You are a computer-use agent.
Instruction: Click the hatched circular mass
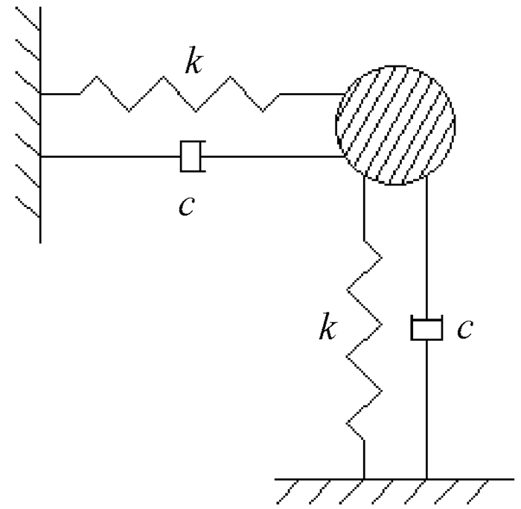tap(395, 125)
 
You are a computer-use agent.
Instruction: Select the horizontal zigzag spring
tap(179, 95)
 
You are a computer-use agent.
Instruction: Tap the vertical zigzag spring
tap(365, 342)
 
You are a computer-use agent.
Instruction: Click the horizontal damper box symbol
tap(191, 156)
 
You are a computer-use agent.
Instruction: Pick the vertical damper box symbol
tap(426, 328)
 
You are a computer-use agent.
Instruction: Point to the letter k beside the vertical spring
tap(326, 327)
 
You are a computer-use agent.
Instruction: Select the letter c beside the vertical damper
tap(464, 328)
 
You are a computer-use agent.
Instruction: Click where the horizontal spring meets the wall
tap(41, 95)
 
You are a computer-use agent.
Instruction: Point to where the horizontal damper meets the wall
tap(41, 156)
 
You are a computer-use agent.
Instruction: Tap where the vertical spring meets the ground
tap(364, 476)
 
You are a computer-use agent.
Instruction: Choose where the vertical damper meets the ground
tap(426, 476)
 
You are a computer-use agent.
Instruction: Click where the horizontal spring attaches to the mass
tap(339, 95)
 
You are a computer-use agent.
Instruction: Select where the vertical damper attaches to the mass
tap(426, 179)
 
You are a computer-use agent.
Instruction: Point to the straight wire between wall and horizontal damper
tap(112, 156)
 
